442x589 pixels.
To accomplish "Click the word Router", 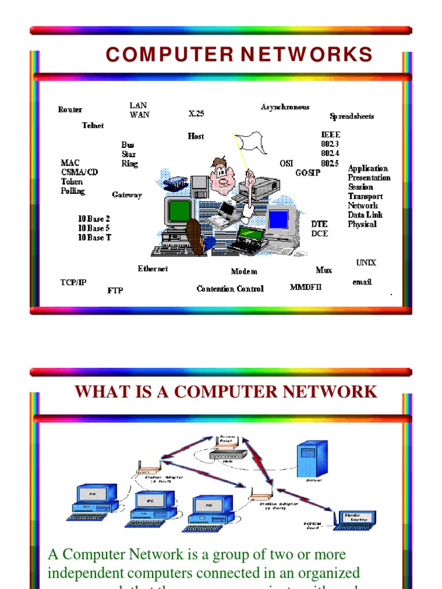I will click(70, 110).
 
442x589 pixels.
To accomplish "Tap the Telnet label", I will click(93, 125).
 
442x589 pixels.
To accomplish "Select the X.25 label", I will click(196, 114).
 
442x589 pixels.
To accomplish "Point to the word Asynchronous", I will click(285, 107).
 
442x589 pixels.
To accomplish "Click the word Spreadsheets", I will click(352, 116).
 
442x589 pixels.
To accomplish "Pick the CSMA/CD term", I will click(79, 173).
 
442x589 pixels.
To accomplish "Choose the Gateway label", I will click(127, 195).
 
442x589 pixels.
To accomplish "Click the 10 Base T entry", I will click(94, 238).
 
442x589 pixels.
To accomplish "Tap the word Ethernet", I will click(153, 269).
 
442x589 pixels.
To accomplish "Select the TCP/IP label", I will click(74, 282).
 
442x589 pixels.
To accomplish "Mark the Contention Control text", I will click(230, 289).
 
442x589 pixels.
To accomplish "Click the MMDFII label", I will click(306, 287).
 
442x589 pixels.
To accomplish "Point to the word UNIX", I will click(366, 263).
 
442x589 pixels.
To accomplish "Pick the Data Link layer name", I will click(365, 215).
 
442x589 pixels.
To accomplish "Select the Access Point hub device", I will click(228, 454).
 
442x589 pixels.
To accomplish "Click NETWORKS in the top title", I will click(307, 55).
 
